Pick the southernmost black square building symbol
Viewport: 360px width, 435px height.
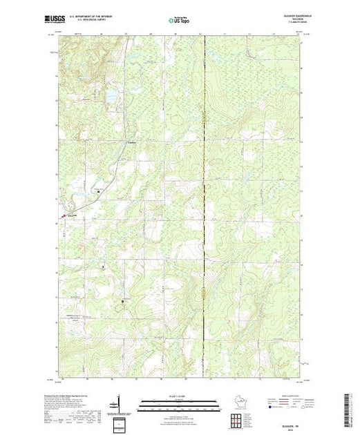pos(123,302)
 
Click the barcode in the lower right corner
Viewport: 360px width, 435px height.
pos(346,407)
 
